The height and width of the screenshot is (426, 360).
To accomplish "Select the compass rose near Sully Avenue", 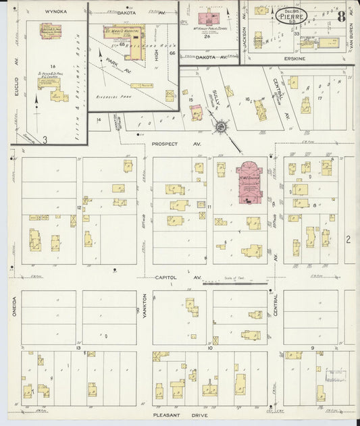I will pos(221,126).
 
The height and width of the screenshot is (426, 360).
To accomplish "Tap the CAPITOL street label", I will pos(165,277).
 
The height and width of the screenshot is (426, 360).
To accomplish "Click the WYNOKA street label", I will pos(53,11).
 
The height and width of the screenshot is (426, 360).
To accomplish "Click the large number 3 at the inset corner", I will pos(45,139).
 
